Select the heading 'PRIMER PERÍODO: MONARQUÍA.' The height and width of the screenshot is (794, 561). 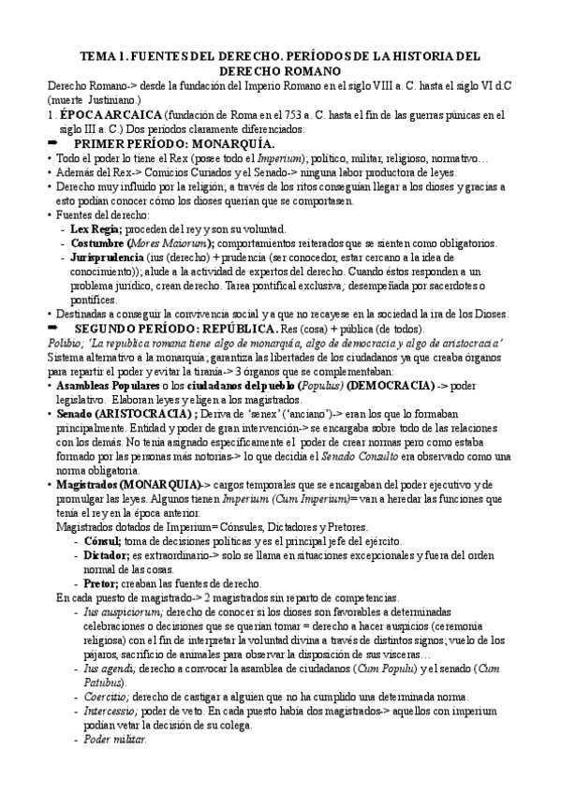174,143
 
